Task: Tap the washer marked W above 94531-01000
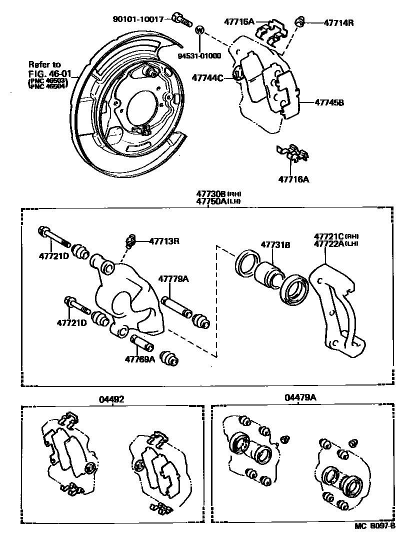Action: coord(199,30)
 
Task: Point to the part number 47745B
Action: coord(329,103)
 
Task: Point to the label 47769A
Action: coord(139,358)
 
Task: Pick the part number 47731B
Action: coord(275,244)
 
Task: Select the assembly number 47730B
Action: coord(211,194)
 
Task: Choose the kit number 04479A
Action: coord(301,398)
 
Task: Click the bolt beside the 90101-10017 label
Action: coord(181,19)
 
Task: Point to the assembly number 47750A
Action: coord(211,201)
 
